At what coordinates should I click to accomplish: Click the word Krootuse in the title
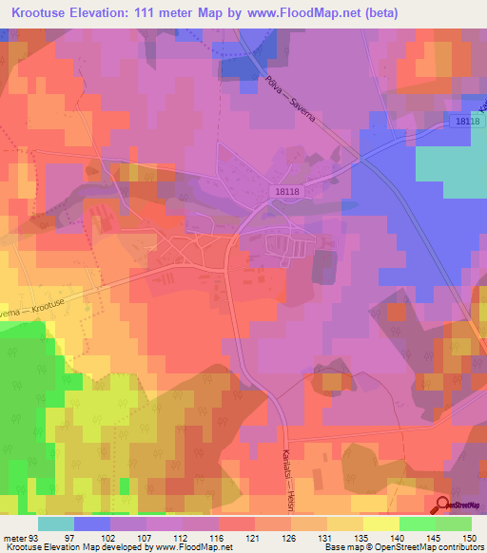click(x=45, y=13)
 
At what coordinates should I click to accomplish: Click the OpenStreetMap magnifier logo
click(x=444, y=505)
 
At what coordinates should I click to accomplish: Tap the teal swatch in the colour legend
click(x=56, y=524)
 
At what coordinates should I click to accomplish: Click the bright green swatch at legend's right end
click(x=454, y=524)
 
